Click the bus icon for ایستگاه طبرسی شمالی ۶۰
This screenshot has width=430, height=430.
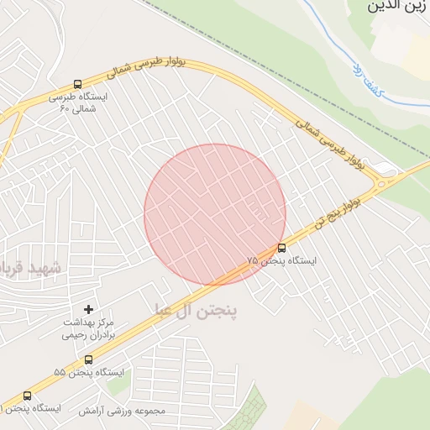pos(77,85)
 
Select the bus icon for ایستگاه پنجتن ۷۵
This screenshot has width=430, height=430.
pos(281,248)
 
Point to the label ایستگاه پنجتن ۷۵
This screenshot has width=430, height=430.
pos(282,261)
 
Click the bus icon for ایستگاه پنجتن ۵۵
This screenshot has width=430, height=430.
pos(88,359)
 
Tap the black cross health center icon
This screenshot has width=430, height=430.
pos(88,309)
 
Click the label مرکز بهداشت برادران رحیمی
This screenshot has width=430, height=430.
pos(88,328)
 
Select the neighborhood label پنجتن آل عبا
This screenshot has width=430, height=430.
pos(196,312)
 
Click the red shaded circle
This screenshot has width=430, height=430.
pos(215,214)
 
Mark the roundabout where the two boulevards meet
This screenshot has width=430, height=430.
pos(387,179)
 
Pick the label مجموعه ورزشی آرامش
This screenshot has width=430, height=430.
pos(123,412)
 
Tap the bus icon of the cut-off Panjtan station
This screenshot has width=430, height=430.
pos(27,396)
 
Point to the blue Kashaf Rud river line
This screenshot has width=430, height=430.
pos(332,42)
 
